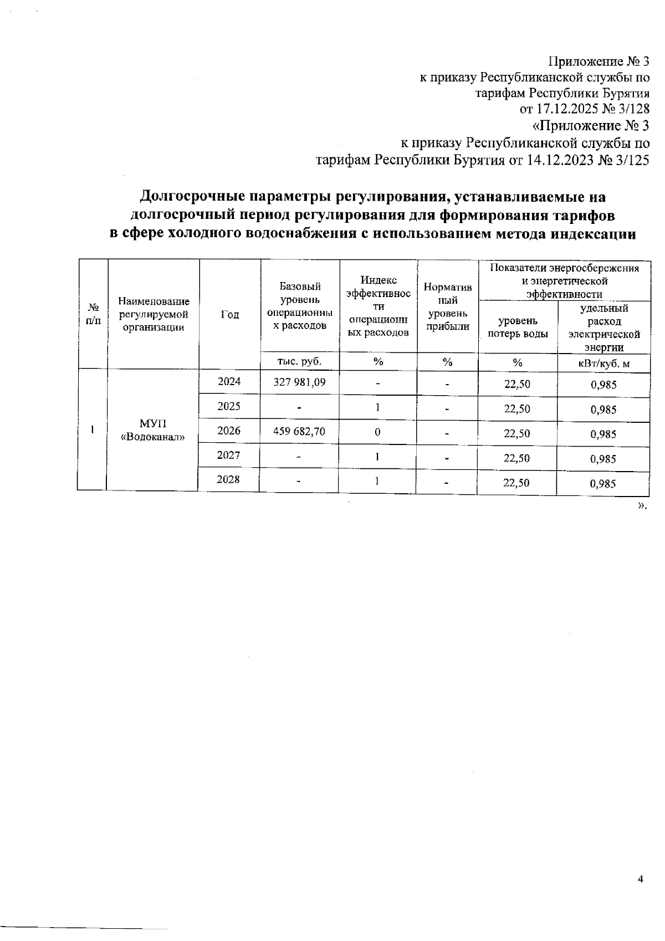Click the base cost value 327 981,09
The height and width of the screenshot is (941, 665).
coord(299,382)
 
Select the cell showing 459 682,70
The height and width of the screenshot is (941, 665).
coord(299,431)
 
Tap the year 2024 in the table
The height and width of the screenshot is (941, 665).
coord(229,381)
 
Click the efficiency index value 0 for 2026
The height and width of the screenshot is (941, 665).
coord(377,432)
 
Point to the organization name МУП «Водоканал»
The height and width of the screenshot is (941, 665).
coord(152,430)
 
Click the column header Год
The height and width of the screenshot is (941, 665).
coord(229,314)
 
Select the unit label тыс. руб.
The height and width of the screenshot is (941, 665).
coord(299,361)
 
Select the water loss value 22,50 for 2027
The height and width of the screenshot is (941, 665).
coord(516,458)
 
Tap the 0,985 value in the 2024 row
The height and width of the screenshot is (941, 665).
coord(603,385)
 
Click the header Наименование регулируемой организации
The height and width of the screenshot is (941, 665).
coord(154,314)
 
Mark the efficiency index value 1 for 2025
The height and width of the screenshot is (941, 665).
coord(377,407)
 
